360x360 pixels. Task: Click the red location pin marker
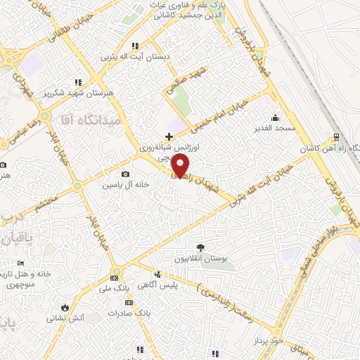180,166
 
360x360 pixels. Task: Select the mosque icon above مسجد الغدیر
276,117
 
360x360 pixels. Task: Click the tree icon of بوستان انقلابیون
201,247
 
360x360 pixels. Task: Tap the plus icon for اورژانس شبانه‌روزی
168,136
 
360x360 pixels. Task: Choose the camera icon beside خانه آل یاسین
125,174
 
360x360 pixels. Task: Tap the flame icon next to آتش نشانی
65,307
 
